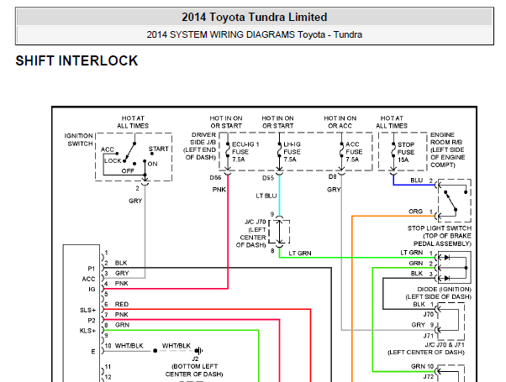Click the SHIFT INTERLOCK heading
pos(76,61)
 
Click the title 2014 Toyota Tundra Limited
pos(255,17)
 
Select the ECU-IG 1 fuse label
pos(245,152)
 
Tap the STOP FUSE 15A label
pos(406,152)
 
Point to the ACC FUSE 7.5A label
pos(354,152)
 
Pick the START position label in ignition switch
pos(159,149)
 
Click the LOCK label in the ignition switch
pos(113,160)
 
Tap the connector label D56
pos(215,178)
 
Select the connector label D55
pos(268,178)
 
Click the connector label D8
pos(332,176)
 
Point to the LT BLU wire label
pos(266,196)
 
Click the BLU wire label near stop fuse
pos(417,181)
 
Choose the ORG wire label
pos(415,212)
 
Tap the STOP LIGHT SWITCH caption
pos(440,228)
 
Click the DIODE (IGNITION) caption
pos(445,289)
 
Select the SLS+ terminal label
pos(87,310)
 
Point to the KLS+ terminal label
pos(87,331)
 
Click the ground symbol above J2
pos(198,350)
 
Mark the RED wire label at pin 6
pos(122,304)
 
